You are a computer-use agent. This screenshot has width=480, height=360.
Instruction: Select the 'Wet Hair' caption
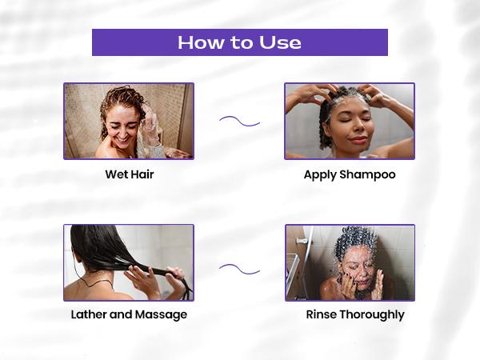point(129,174)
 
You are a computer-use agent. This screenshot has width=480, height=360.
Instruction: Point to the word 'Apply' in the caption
point(321,174)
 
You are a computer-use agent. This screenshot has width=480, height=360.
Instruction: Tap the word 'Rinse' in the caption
point(322,314)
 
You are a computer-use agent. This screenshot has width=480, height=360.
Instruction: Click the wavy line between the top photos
point(239,122)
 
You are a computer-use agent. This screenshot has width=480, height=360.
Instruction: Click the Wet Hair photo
point(129,121)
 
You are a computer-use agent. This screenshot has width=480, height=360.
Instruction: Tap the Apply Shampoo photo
point(350,121)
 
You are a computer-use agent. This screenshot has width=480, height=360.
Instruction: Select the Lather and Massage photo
point(129,262)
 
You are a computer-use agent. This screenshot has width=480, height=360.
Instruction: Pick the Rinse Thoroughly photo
point(350,262)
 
